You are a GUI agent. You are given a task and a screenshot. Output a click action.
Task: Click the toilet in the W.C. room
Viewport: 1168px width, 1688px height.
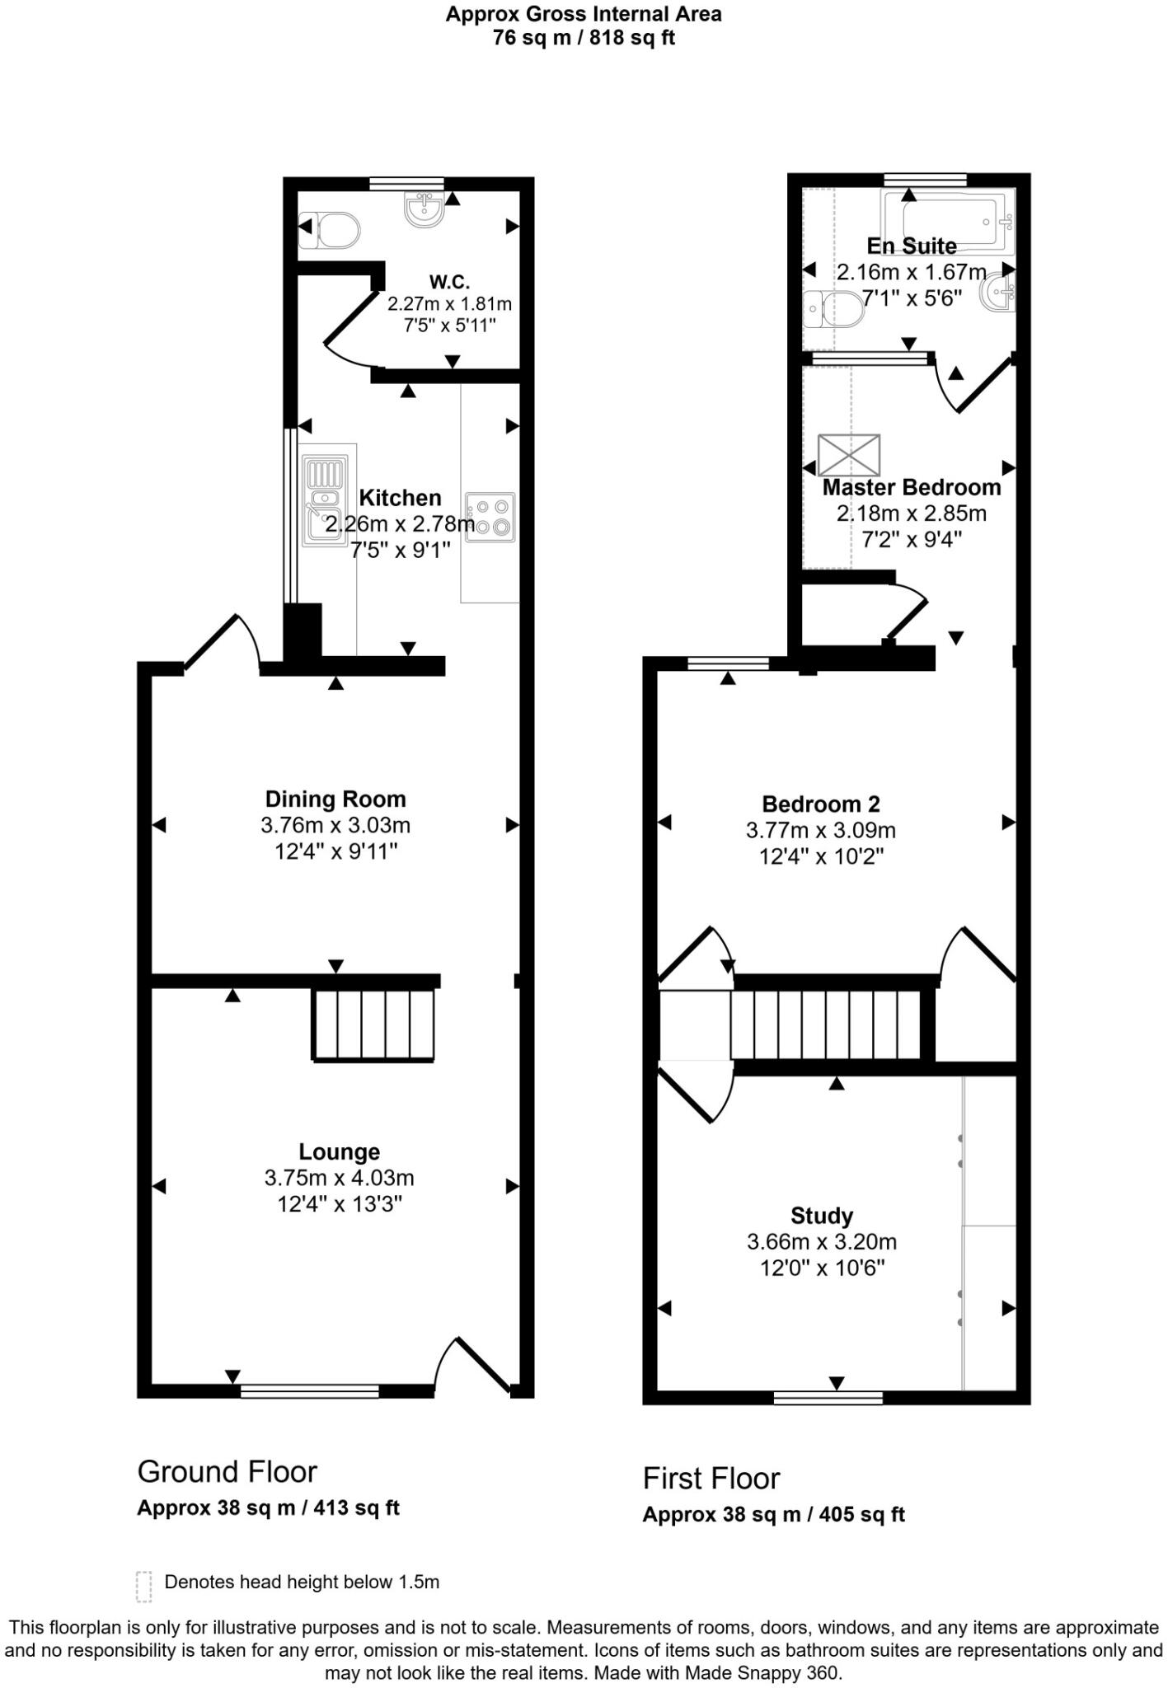pyautogui.click(x=331, y=231)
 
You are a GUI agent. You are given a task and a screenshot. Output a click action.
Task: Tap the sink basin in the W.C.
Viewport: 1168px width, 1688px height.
pyautogui.click(x=425, y=208)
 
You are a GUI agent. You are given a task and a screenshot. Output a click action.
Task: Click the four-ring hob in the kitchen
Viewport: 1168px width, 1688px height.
pyautogui.click(x=490, y=517)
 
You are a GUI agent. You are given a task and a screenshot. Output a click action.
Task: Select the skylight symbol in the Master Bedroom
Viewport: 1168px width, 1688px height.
pyautogui.click(x=849, y=454)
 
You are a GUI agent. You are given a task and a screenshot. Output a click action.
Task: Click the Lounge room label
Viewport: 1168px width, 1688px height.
pyautogui.click(x=339, y=1151)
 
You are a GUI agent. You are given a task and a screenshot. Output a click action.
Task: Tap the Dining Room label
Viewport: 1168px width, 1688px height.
pyautogui.click(x=335, y=799)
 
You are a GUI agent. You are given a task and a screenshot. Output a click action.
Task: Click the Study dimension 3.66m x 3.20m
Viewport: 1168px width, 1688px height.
pyautogui.click(x=822, y=1241)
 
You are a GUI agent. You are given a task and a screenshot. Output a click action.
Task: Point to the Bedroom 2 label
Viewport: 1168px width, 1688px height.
pyautogui.click(x=821, y=804)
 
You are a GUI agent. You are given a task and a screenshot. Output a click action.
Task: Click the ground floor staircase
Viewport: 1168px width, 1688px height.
pyautogui.click(x=373, y=1024)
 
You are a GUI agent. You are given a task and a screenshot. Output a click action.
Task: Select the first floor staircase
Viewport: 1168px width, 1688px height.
pyautogui.click(x=826, y=1025)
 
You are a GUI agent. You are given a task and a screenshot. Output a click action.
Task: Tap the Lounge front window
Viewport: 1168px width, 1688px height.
pyautogui.click(x=310, y=1391)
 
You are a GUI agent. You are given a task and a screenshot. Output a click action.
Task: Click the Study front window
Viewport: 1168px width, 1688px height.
pyautogui.click(x=828, y=1397)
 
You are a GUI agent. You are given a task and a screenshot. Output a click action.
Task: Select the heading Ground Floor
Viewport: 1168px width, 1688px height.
pyautogui.click(x=228, y=1471)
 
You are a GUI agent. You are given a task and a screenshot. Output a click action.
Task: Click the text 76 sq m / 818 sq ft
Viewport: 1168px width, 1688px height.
pyautogui.click(x=584, y=38)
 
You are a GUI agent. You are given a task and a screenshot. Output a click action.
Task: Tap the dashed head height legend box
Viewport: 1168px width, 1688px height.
pyautogui.click(x=144, y=1586)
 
